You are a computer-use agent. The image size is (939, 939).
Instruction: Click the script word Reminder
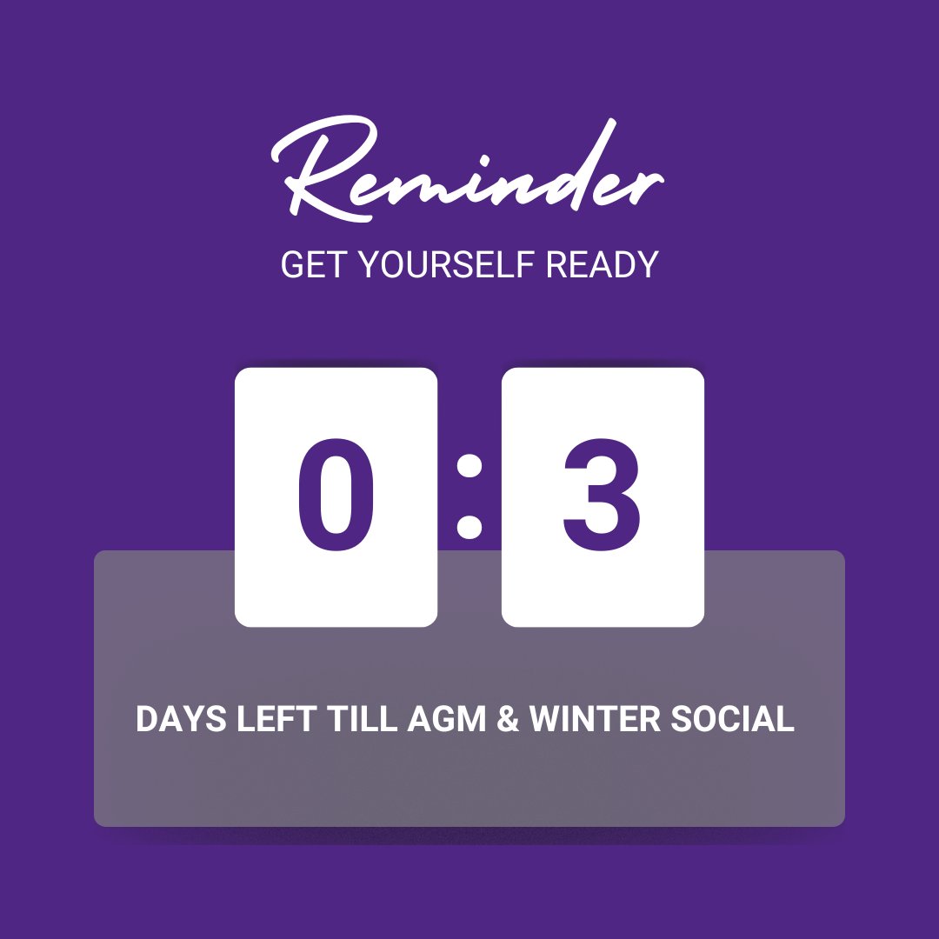pos(469,174)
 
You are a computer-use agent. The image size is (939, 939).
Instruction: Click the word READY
pos(602,265)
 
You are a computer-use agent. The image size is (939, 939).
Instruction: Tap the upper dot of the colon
pos(469,467)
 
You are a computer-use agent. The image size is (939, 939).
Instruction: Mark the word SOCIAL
pos(733,720)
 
